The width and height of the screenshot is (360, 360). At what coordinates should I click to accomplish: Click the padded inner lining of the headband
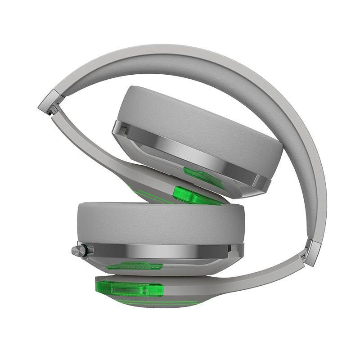252,90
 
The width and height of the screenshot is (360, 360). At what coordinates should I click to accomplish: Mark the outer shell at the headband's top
180,49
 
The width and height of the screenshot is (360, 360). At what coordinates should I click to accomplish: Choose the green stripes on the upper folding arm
148,191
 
